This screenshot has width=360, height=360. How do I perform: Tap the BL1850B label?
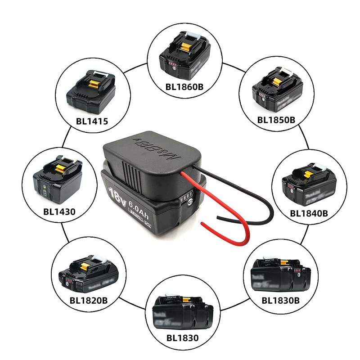pyautogui.click(x=276, y=120)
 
